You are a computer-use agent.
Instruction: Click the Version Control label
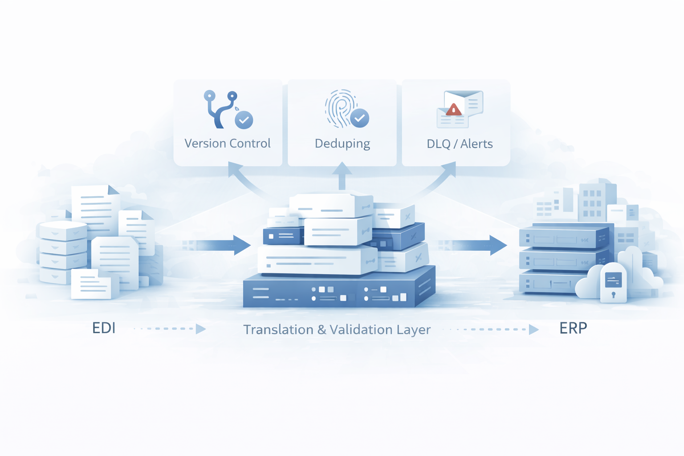click(227, 143)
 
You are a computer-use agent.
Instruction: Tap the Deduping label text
click(342, 144)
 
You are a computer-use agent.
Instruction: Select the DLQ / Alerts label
click(460, 144)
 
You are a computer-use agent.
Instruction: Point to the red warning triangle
click(453, 109)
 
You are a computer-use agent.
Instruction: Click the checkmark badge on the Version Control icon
click(244, 120)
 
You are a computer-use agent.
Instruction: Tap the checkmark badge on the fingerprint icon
click(359, 118)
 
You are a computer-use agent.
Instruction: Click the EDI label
click(104, 328)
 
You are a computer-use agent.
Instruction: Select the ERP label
click(573, 328)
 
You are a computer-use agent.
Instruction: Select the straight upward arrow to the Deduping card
click(342, 176)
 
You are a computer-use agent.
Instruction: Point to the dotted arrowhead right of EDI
click(200, 329)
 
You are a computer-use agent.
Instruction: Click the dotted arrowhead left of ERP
click(533, 330)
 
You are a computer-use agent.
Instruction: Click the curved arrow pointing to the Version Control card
click(243, 178)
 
